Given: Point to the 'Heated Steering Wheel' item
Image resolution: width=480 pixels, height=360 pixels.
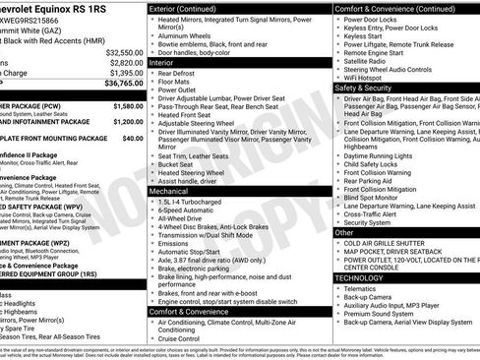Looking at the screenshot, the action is click(197, 172).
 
